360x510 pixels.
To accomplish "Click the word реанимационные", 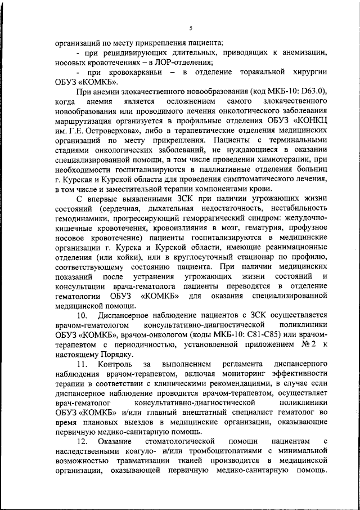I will pos(292,248).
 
